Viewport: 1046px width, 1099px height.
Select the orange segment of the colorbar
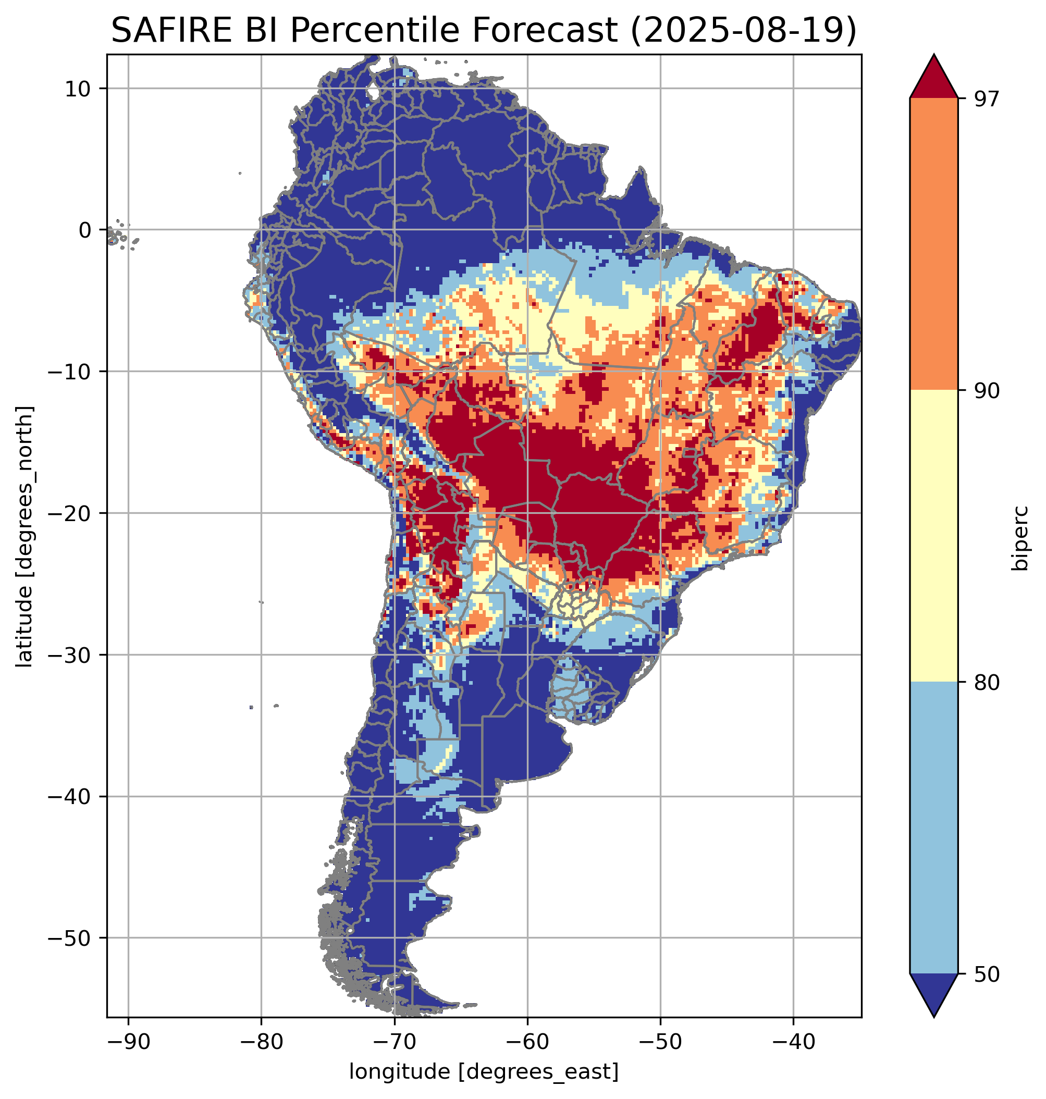(x=933, y=244)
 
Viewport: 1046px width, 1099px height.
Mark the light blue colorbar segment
(x=933, y=828)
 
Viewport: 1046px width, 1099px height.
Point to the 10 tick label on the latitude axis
(x=79, y=89)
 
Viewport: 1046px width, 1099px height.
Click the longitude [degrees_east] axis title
(x=484, y=1072)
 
